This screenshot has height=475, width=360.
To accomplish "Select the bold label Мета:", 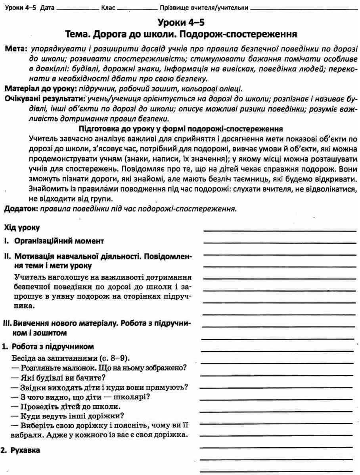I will pos(15,50).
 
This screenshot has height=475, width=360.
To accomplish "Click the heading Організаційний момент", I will pos(59,241).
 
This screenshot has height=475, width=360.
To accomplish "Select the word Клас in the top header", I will pos(108,8).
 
